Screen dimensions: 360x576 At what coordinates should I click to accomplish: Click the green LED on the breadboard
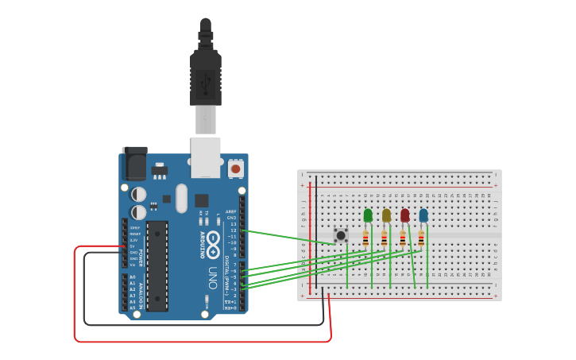click(x=368, y=215)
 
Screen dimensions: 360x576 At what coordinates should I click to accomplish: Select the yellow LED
click(x=386, y=215)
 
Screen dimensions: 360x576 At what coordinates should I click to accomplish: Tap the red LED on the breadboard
click(x=404, y=215)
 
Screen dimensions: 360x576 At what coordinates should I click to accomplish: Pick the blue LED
click(x=423, y=215)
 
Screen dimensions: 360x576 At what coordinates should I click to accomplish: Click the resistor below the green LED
click(x=365, y=238)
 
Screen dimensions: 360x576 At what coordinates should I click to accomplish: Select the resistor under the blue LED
click(x=420, y=238)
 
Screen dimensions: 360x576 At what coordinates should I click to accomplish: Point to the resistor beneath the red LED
click(x=402, y=238)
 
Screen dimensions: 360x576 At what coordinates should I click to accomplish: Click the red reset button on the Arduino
click(x=235, y=168)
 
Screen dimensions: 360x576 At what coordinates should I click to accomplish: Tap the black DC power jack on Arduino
click(x=134, y=164)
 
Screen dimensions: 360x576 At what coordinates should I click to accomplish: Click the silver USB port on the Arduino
click(x=205, y=157)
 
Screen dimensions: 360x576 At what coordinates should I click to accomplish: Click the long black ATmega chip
click(x=157, y=265)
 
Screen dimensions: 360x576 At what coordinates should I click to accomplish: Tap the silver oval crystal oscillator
click(x=181, y=199)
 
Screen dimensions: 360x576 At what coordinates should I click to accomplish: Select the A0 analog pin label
click(x=132, y=277)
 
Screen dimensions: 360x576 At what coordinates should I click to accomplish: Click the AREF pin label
click(x=231, y=211)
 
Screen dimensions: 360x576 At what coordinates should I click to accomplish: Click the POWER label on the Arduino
click(x=141, y=257)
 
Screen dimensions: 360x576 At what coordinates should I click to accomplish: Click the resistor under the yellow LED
click(x=384, y=238)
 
